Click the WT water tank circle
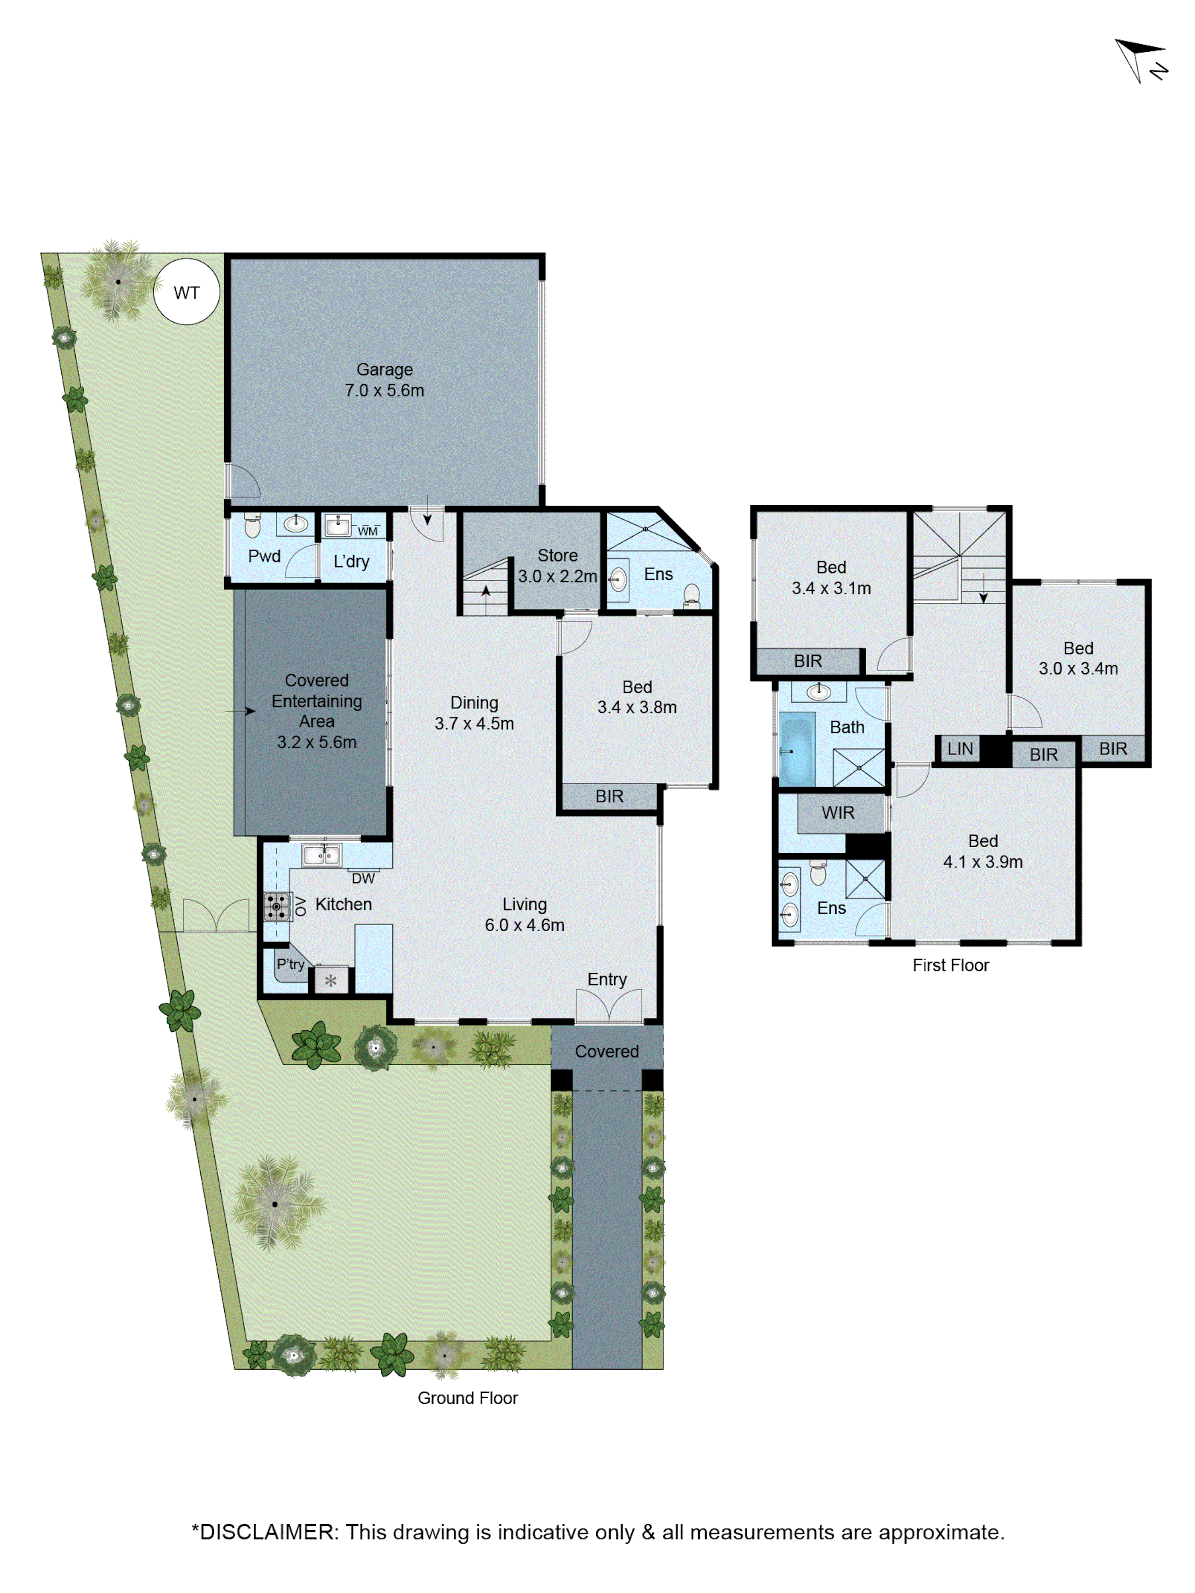(x=186, y=292)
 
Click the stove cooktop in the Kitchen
(x=276, y=907)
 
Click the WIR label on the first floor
(x=838, y=812)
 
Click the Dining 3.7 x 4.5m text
(x=474, y=713)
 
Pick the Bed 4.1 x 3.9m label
(x=983, y=851)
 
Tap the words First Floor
(x=950, y=965)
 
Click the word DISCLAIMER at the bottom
(x=266, y=1532)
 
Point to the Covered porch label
(x=607, y=1052)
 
